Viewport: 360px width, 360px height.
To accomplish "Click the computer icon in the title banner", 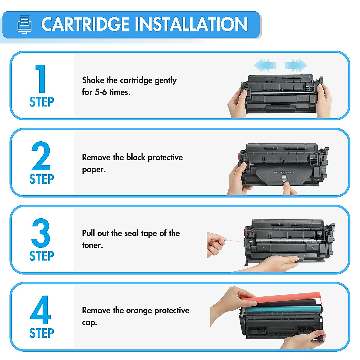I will (x=24, y=25).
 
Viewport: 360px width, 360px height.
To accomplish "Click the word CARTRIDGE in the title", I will (x=85, y=25).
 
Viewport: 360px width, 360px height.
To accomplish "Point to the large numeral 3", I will (x=41, y=233).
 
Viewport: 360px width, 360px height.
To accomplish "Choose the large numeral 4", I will (x=41, y=310).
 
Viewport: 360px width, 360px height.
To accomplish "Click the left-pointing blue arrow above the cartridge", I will (x=265, y=65).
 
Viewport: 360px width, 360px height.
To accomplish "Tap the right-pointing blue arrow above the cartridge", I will (x=296, y=65).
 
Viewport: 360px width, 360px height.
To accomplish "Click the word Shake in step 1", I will (x=93, y=80).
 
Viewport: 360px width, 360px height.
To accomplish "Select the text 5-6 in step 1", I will (x=101, y=92).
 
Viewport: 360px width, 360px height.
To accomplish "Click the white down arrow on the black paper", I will (x=283, y=179).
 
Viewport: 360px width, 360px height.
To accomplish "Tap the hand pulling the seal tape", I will (x=215, y=244).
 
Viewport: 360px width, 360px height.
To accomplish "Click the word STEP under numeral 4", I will (x=41, y=333).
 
